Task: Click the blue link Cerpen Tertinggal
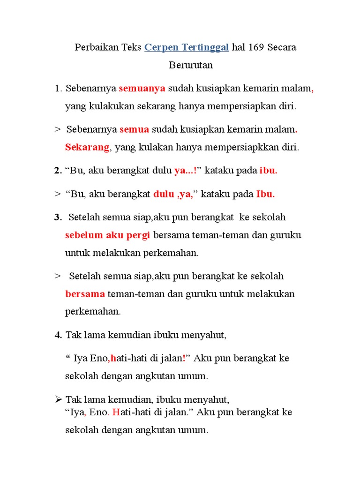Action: coord(187,47)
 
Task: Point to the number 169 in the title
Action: coord(256,47)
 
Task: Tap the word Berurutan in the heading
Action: coord(191,65)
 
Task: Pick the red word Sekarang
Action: coord(87,147)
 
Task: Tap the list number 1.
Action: coord(58,89)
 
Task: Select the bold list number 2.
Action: coord(58,171)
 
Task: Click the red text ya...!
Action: coord(186,171)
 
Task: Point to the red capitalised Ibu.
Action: coord(265,194)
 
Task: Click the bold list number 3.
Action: coord(58,217)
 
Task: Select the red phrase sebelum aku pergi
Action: coord(107,235)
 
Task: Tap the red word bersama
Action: coord(85,294)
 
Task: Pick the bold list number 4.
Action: coord(58,335)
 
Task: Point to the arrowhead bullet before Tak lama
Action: coord(58,399)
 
